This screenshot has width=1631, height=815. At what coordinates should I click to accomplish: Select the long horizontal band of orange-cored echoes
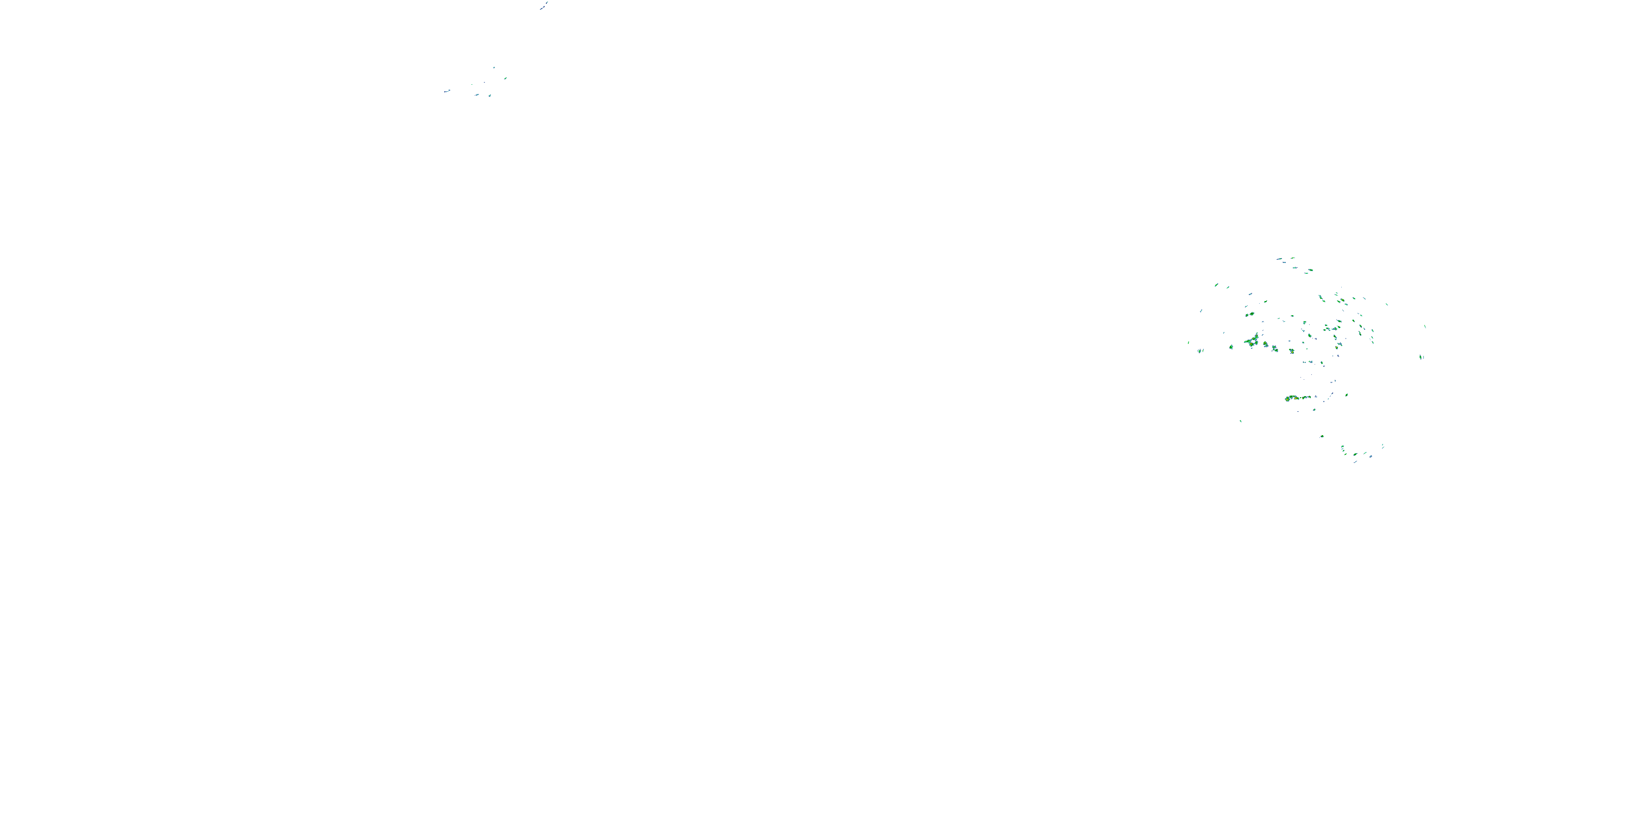[1298, 398]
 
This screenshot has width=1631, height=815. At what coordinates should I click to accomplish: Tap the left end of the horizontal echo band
[1287, 399]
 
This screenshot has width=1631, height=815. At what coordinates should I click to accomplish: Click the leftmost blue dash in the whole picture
[447, 91]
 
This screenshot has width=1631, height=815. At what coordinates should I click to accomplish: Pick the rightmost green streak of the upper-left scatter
[505, 78]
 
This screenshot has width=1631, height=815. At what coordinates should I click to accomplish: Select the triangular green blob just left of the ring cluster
[1231, 347]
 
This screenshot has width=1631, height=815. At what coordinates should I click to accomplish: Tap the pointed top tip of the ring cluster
[1257, 334]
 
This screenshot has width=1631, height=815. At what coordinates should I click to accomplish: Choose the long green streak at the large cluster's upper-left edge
[1216, 285]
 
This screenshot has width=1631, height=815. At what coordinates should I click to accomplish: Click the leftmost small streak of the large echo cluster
[1188, 342]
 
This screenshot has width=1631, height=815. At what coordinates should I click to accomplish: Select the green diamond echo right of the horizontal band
[1346, 395]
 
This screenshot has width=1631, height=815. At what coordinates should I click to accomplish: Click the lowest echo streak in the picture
[1355, 462]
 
